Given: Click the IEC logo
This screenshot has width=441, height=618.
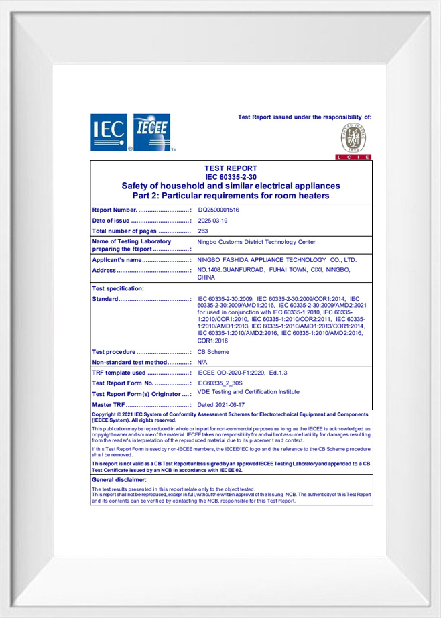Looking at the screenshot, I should click(x=108, y=131).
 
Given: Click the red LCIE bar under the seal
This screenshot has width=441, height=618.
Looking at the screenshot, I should click(x=353, y=157).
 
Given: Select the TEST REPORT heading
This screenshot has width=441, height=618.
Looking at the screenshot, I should click(x=231, y=168).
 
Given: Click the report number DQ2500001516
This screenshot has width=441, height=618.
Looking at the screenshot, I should click(x=218, y=210).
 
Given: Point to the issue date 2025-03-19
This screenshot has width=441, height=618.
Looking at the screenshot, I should click(x=213, y=221).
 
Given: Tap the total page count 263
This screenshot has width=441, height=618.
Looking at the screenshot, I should click(x=203, y=231).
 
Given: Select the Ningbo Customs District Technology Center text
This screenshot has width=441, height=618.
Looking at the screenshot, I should click(x=256, y=242).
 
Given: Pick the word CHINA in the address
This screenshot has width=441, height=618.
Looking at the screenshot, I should click(x=206, y=277).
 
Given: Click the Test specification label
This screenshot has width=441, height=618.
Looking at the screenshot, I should click(x=118, y=288).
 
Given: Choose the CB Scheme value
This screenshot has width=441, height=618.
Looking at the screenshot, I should click(x=213, y=352).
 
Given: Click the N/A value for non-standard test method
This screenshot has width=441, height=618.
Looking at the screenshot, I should click(x=202, y=362).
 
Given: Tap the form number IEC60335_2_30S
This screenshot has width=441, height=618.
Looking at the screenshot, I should click(x=220, y=383).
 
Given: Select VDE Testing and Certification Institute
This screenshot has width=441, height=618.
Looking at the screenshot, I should click(x=248, y=392).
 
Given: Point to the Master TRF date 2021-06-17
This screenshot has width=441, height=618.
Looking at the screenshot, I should click(x=222, y=405).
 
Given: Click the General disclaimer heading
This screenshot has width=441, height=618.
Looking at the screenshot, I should click(x=119, y=480).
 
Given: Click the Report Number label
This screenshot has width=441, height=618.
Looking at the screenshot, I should click(x=114, y=210).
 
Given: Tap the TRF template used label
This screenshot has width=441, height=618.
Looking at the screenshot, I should click(x=119, y=372).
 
